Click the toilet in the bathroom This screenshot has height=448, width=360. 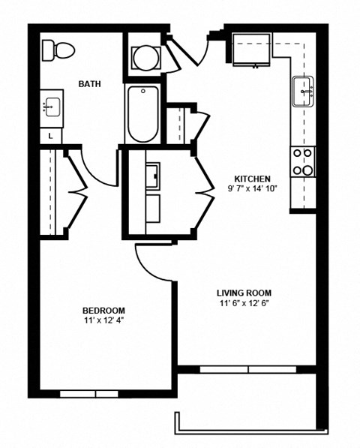[58, 50]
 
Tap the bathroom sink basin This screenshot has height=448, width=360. [51, 107]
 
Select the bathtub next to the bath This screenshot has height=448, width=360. [142, 114]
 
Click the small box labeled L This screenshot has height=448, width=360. [50, 136]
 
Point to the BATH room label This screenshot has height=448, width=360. [90, 83]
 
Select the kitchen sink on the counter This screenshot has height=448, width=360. [304, 92]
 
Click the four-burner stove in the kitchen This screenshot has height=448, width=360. [304, 161]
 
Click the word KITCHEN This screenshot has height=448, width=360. [251, 179]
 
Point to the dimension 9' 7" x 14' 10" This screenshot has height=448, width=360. [251, 189]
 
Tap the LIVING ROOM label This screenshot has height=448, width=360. [244, 293]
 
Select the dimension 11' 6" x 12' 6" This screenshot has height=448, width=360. [244, 304]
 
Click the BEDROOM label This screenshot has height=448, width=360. [103, 310]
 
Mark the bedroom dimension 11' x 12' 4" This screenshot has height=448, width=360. [103, 320]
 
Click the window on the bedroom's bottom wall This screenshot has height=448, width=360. [89, 393]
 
